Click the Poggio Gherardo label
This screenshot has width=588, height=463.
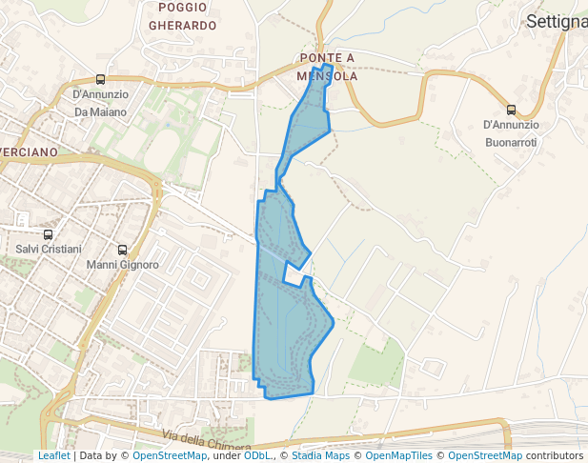182,16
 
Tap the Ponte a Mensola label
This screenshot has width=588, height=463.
327,67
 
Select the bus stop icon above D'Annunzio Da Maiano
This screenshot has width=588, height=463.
100,80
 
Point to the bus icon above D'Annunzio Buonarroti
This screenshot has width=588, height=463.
511,110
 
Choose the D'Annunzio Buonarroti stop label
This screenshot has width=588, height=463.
510,133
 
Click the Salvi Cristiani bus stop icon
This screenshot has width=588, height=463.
48,234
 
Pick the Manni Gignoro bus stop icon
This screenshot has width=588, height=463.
121,250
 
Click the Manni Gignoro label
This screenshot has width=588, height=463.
122,265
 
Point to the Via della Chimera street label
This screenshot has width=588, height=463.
207,441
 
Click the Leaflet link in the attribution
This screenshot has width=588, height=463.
53,456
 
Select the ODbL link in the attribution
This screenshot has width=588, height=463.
257,456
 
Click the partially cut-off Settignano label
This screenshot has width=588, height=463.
557,21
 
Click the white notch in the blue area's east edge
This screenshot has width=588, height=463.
297,277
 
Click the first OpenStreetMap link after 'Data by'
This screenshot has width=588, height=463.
170,456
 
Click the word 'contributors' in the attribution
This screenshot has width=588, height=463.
555,456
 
